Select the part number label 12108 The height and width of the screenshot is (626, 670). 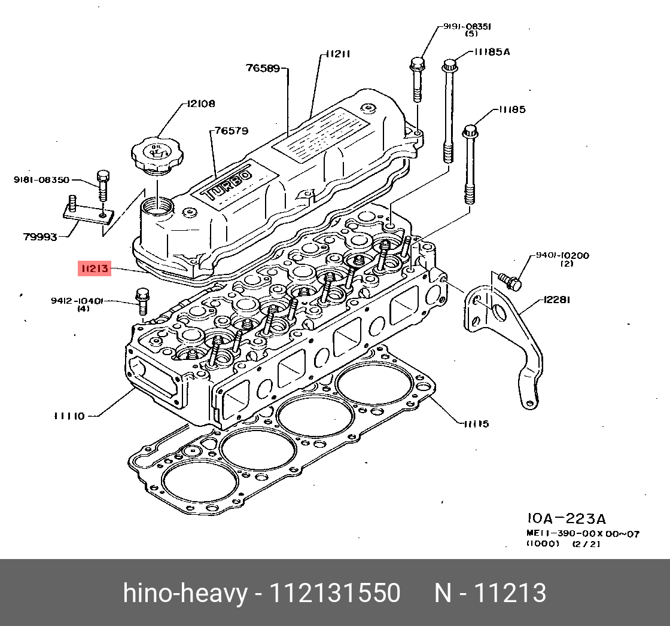click(x=200, y=103)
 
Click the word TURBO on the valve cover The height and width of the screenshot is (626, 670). click(x=228, y=184)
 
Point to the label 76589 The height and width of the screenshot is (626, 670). click(x=263, y=68)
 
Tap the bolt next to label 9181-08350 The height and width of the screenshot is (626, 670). click(x=102, y=184)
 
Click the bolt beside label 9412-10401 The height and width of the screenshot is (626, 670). click(x=142, y=301)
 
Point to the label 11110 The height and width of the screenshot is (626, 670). click(x=69, y=416)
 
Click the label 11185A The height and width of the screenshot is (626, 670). click(x=492, y=52)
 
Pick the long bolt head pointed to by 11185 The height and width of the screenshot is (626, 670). click(x=471, y=130)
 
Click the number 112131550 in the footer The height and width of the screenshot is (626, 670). click(x=335, y=593)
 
